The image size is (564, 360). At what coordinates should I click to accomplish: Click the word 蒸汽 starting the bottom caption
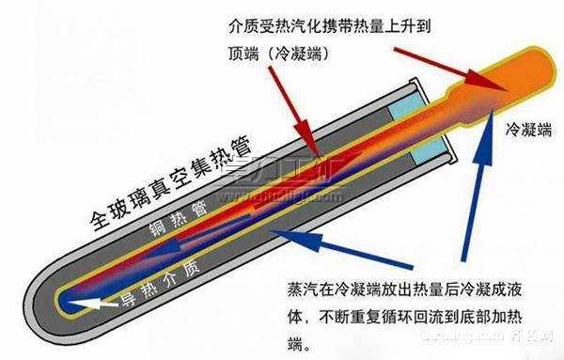(300, 283)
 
